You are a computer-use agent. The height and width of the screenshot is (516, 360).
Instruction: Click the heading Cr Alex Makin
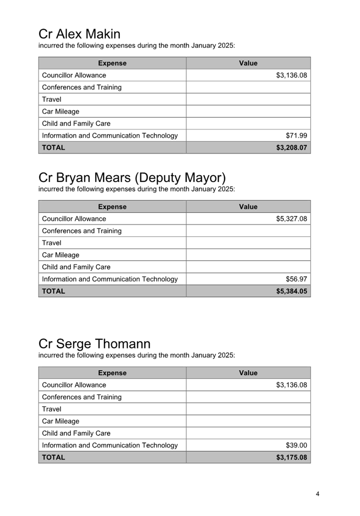click(79, 34)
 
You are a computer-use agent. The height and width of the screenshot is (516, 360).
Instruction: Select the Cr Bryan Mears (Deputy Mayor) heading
click(132, 178)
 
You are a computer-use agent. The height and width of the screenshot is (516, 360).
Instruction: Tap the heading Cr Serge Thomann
click(94, 344)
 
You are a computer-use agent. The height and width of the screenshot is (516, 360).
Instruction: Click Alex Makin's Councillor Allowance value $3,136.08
click(291, 75)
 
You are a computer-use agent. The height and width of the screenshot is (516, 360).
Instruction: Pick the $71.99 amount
click(296, 136)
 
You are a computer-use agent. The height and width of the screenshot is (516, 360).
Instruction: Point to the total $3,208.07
click(291, 148)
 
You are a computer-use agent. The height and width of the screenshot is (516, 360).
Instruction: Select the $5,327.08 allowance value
click(291, 219)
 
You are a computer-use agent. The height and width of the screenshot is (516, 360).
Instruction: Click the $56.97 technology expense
click(296, 279)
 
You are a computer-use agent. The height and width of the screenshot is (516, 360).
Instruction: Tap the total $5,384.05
click(291, 291)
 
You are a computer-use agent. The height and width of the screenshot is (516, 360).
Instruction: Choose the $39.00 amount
click(296, 446)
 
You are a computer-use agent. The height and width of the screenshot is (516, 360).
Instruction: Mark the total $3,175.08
click(291, 458)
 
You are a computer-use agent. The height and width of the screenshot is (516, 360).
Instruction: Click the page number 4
click(317, 494)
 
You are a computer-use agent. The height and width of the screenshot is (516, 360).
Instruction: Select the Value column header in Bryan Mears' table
click(248, 207)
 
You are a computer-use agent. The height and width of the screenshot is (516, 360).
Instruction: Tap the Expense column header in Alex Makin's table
click(112, 63)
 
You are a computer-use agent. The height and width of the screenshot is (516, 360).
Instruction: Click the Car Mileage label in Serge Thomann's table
click(61, 421)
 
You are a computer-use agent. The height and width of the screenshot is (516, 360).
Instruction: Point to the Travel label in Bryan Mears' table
click(52, 243)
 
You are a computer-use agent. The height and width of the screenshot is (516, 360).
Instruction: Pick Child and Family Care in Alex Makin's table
click(76, 124)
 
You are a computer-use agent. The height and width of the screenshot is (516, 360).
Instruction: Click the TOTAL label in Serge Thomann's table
click(53, 458)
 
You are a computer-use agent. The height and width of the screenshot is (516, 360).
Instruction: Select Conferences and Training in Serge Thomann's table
click(82, 397)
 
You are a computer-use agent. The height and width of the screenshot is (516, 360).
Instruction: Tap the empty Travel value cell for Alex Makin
click(248, 100)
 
